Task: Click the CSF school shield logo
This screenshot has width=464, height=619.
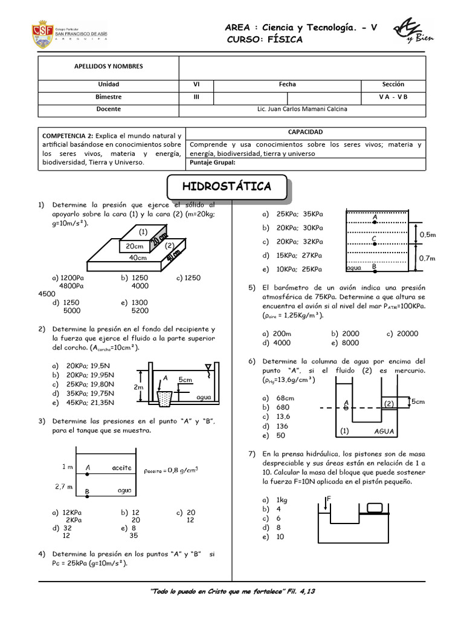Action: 43,34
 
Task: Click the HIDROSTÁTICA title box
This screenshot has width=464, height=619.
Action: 227,187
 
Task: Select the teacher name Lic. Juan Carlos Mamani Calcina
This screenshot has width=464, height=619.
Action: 302,109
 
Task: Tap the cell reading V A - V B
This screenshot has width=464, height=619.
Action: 393,97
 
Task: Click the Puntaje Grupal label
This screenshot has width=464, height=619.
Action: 212,162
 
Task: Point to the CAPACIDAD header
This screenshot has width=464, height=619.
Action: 305,132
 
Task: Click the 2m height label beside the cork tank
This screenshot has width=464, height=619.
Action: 138,387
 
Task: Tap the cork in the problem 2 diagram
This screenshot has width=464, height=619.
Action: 165,398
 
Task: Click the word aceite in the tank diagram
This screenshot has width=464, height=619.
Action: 121,467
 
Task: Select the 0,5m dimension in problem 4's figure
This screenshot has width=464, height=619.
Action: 428,235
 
